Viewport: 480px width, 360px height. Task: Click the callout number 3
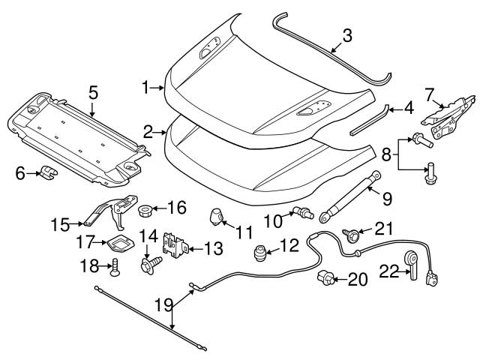tap(346, 34)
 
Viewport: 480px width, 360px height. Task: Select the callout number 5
tap(93, 92)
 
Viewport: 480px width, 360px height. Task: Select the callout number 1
tap(148, 88)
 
